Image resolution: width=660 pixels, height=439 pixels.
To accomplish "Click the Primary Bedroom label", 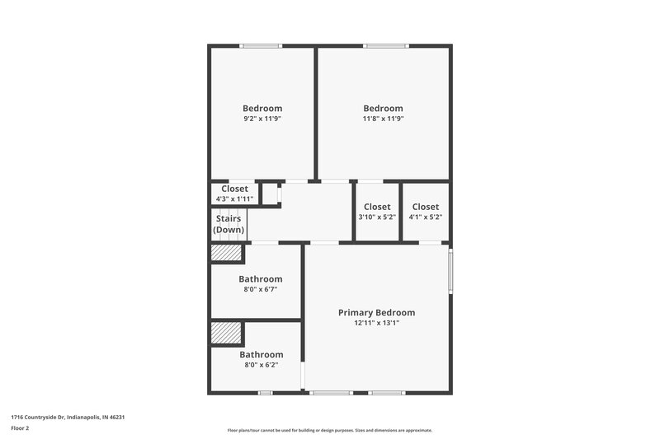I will point(376,313).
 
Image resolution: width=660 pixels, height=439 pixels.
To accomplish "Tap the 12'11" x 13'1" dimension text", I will point(376,324).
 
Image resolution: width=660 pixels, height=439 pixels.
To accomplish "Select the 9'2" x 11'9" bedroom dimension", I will point(262,119).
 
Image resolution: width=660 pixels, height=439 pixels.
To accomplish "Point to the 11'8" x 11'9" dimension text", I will point(383,119).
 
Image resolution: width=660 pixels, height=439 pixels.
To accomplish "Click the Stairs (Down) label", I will point(229,224).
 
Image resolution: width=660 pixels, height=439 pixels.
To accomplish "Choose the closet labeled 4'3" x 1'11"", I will point(234,194).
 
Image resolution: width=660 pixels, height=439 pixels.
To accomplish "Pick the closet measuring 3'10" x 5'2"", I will point(377,212).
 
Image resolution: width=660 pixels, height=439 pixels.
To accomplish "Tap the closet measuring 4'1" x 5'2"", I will point(426,212).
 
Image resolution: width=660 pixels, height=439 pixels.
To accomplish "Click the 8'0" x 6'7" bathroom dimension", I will point(261,289).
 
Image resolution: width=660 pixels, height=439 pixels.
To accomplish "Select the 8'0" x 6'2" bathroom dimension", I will point(261,365).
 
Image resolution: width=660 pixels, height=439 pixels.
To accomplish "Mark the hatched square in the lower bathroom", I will point(226,332).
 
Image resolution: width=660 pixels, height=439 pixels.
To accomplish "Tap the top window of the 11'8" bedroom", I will point(385,45).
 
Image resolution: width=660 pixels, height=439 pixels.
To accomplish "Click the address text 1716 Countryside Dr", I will point(68,418).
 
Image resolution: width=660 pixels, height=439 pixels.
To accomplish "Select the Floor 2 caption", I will point(21,429).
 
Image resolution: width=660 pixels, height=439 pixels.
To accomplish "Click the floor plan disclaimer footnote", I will point(330,430).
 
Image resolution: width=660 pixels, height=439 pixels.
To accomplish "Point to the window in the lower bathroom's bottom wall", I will point(265,393).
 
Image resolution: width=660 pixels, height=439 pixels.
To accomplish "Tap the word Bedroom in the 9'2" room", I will point(262,109).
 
